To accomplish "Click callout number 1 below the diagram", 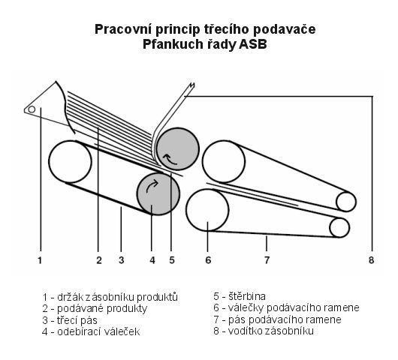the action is (40, 260).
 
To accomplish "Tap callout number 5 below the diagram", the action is (172, 260).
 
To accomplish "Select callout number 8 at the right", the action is (371, 260).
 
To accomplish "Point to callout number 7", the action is (267, 260).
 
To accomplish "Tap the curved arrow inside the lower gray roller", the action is (152, 186).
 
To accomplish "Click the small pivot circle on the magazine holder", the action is (32, 109).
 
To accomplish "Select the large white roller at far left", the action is (70, 161).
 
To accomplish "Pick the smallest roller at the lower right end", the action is (339, 228).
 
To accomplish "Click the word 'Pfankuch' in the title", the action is (173, 44).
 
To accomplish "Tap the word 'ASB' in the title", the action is (253, 44).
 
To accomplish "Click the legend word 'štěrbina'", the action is (247, 296).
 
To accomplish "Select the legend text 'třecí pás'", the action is (77, 320).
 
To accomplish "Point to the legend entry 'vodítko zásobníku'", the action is (271, 331).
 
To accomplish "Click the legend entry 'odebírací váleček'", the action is (98, 331).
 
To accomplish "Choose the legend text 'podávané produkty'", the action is (102, 309).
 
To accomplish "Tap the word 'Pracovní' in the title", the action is (123, 29).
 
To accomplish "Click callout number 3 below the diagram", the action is (122, 260).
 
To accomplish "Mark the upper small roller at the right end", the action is (346, 202).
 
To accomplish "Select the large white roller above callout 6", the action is (207, 210).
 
